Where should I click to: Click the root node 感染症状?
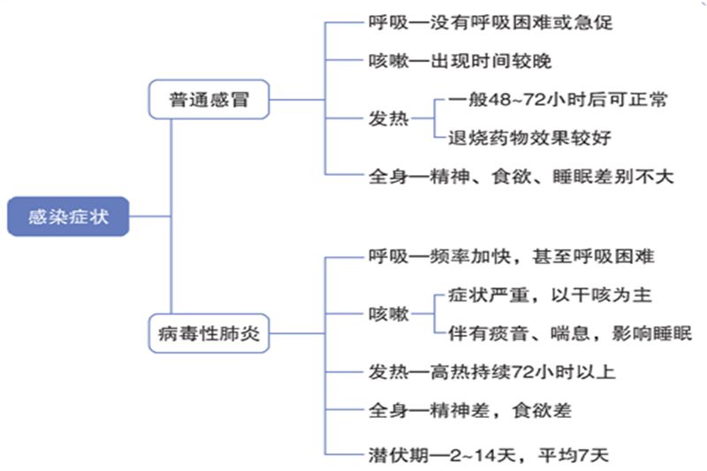click(68, 216)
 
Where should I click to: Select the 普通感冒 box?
click(209, 100)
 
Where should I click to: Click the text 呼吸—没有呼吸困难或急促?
click(490, 23)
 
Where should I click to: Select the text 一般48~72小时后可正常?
click(557, 99)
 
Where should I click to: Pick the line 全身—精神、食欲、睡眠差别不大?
click(521, 176)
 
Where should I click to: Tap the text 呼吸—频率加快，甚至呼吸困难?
click(511, 256)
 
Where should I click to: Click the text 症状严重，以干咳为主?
click(551, 294)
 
